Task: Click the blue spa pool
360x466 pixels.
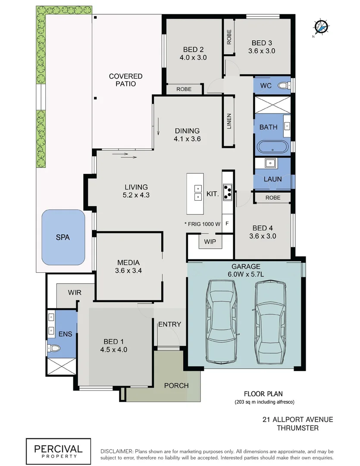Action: point(63,237)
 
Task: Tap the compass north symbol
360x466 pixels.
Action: point(321,27)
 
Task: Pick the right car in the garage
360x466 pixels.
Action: point(269,322)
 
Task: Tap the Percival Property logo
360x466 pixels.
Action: point(59,450)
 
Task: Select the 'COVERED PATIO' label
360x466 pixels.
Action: point(125,80)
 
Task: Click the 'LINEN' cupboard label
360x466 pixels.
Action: point(229,122)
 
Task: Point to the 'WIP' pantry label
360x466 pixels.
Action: point(210,241)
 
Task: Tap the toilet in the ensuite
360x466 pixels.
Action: point(54,348)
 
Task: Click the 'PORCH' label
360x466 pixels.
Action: point(177,385)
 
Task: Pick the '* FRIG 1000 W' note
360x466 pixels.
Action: point(202,224)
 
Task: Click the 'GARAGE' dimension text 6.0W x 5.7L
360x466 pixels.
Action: point(246,274)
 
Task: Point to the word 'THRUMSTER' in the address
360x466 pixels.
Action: point(297,428)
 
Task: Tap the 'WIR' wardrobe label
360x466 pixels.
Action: point(74,292)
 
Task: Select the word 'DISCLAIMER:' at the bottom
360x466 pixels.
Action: point(116,450)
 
